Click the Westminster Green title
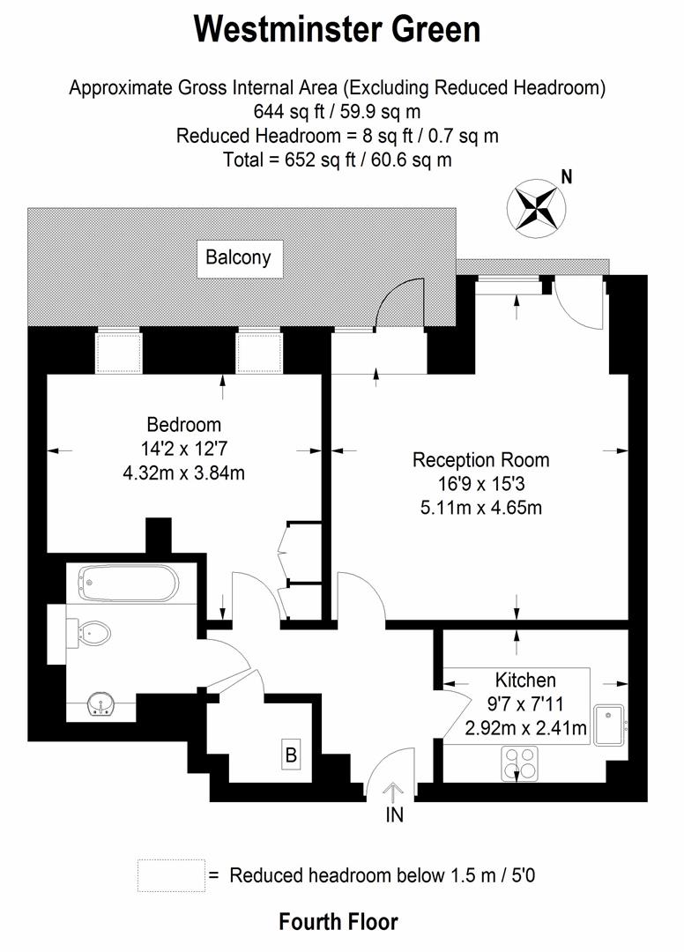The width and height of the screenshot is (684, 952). click(x=338, y=29)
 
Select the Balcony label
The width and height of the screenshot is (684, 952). click(x=238, y=258)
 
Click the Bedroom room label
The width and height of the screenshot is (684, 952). click(x=184, y=424)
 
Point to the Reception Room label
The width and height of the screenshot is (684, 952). click(x=480, y=460)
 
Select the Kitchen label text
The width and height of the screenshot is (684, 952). click(x=525, y=680)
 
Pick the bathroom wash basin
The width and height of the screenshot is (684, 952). click(x=104, y=704)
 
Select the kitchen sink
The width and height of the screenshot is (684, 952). click(x=609, y=725)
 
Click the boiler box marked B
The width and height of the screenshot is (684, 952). click(x=291, y=755)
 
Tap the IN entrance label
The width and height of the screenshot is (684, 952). click(x=394, y=815)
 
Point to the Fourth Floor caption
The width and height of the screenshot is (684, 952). click(x=338, y=922)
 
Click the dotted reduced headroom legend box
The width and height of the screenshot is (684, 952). click(x=171, y=875)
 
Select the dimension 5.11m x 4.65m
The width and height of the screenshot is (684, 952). click(x=480, y=508)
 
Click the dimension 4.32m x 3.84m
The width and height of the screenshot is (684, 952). click(x=184, y=472)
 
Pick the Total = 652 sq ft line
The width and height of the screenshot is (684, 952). click(x=338, y=160)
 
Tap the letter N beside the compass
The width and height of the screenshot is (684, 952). click(x=567, y=177)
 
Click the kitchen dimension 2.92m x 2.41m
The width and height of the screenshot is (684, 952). click(x=525, y=727)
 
